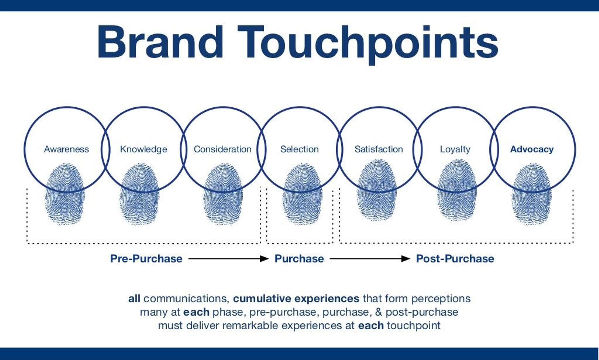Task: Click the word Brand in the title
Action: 160,42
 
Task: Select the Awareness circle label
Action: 66,149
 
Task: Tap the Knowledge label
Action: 143,149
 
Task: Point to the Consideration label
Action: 222,149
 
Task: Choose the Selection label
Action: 299,149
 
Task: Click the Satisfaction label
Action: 378,149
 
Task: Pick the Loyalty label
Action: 455,149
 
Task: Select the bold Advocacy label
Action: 532,149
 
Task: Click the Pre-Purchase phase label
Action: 146,259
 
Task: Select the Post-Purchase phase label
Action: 455,259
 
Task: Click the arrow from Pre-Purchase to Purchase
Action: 228,259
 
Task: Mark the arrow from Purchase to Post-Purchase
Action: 370,259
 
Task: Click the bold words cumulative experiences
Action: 296,299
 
